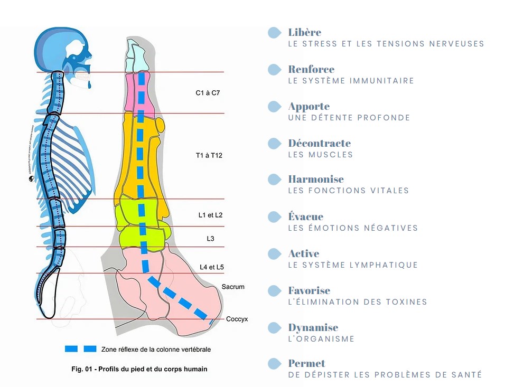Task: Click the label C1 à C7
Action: [208, 93]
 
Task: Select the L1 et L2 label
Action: [210, 215]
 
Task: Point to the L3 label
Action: [210, 239]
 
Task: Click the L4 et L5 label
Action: [212, 268]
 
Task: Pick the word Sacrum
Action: [233, 287]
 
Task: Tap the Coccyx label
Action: [237, 319]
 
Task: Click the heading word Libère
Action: [305, 33]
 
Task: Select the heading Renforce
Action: [311, 69]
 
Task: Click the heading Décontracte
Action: [319, 143]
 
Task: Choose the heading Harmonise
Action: [316, 180]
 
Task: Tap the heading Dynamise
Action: [313, 327]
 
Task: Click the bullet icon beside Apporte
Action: [274, 107]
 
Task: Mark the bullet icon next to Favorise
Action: [274, 291]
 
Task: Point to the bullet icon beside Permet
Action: [274, 364]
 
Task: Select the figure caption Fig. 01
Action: [139, 369]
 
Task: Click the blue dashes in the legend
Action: [80, 349]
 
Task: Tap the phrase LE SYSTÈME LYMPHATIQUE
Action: [353, 265]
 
